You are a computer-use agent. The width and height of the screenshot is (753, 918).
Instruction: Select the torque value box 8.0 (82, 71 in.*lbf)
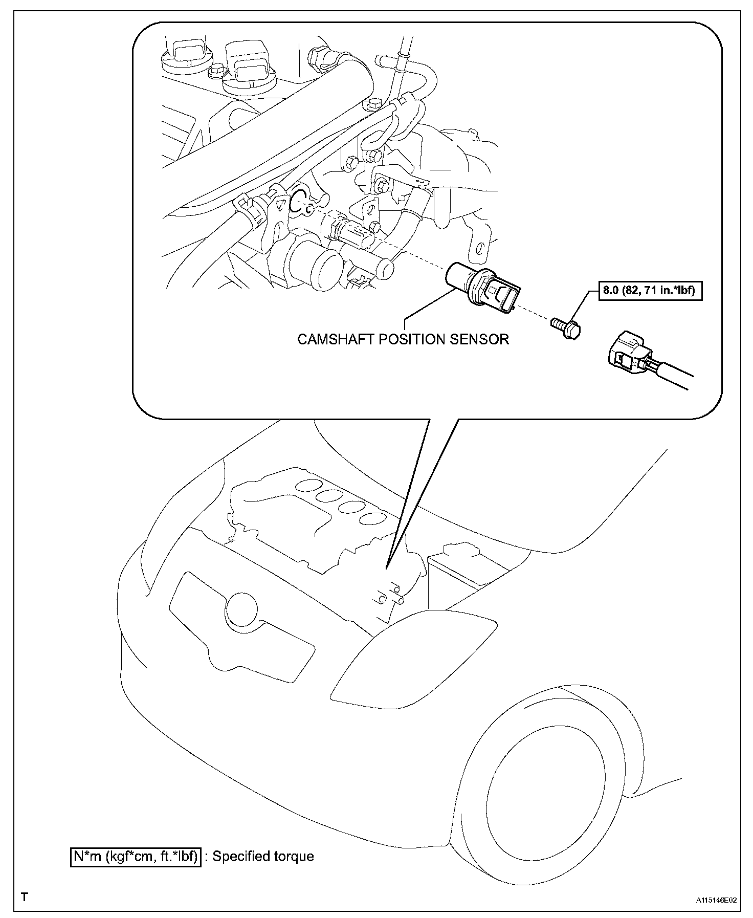[x=651, y=292]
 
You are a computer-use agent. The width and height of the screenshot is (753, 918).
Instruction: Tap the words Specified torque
[x=263, y=856]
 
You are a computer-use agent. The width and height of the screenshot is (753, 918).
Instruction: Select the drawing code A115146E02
[x=716, y=899]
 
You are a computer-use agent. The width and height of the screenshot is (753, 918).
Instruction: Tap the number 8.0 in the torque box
[x=610, y=292]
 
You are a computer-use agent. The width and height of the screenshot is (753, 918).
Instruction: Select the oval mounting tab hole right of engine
[x=479, y=249]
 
